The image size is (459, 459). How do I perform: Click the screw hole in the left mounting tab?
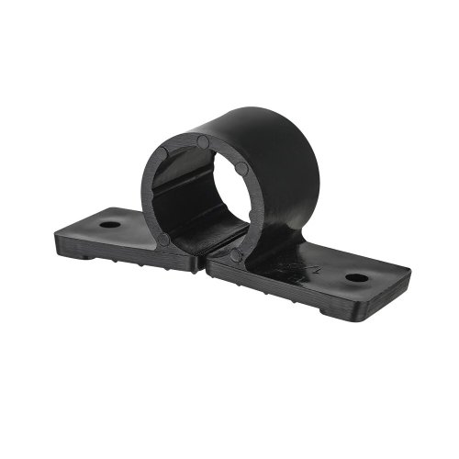110,223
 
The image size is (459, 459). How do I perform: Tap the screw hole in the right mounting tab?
356,277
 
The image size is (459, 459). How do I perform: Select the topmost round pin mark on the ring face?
203,142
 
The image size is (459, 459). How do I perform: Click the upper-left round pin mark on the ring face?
162,153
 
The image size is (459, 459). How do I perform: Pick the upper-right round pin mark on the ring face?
241,169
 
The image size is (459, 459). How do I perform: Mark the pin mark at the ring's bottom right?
237,255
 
